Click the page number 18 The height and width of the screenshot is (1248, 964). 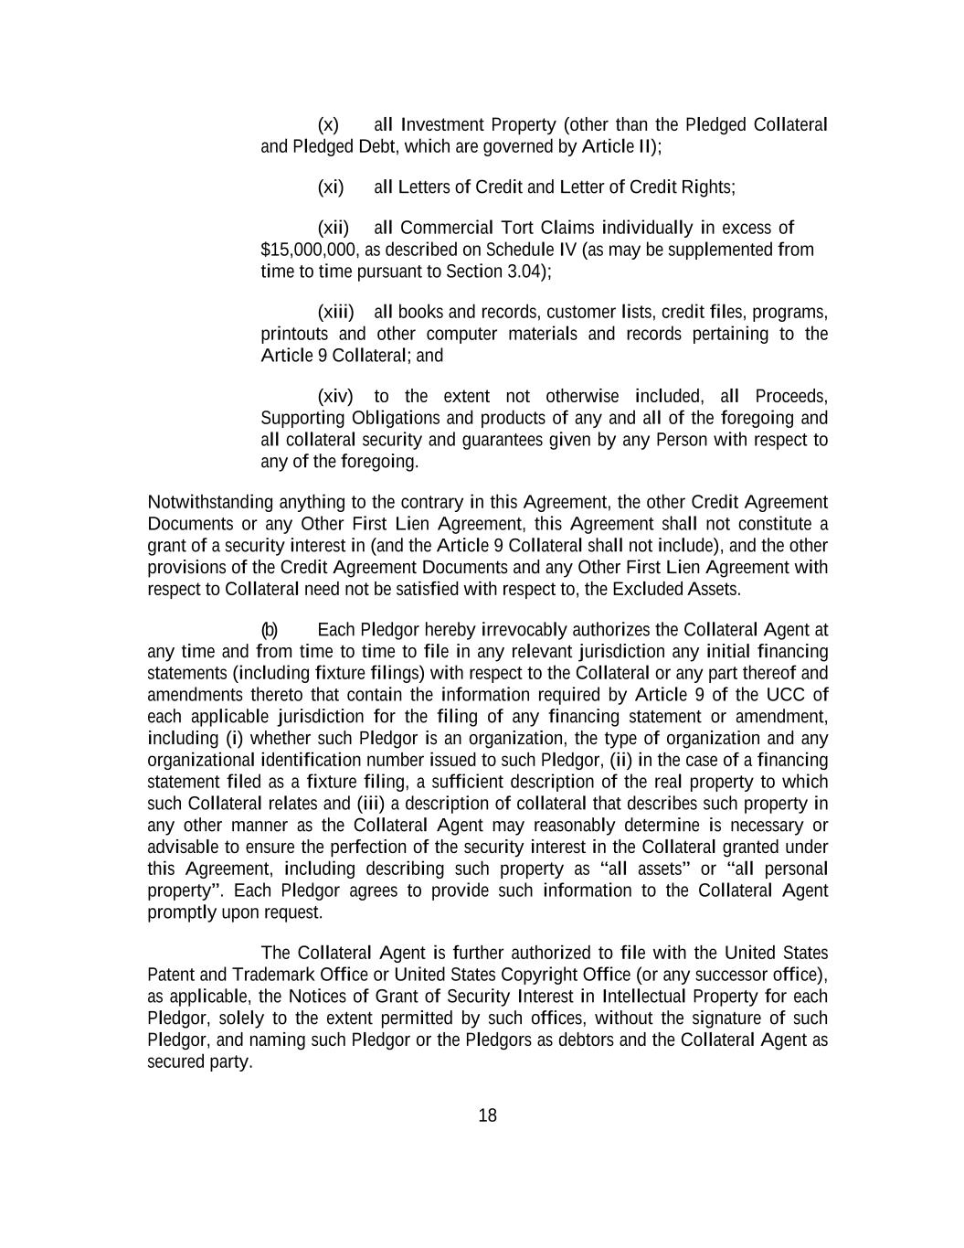[x=487, y=1115]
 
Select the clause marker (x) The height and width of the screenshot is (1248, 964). [x=328, y=124]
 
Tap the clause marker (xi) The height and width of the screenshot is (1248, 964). [x=330, y=187]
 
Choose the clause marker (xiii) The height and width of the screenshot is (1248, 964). [x=335, y=312]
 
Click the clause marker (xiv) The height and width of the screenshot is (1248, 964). [x=334, y=396]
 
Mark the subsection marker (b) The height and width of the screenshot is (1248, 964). [x=270, y=630]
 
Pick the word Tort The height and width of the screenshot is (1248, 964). [x=520, y=228]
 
